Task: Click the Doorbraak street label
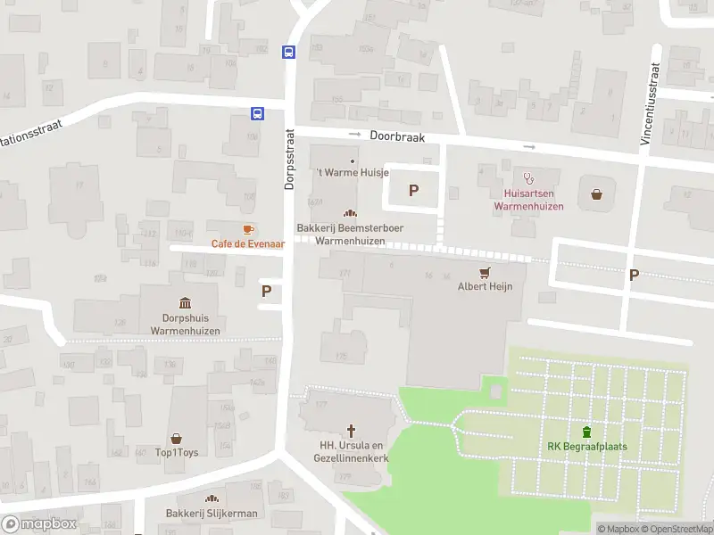coord(397,138)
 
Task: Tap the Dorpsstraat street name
coord(289,158)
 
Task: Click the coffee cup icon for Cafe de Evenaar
coord(248,229)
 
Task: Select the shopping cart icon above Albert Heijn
coord(486,272)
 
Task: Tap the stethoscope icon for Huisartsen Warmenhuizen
coord(528,177)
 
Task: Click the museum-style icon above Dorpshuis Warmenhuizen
coord(185,302)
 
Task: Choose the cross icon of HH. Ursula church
coord(352,431)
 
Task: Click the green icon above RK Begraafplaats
coord(586,432)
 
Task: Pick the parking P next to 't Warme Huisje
coord(412,189)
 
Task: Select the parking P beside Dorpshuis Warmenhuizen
coord(266,291)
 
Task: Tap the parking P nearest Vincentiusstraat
coord(634,276)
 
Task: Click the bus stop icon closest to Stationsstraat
coord(257,113)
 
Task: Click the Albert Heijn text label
coord(485,287)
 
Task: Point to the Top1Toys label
coord(177,452)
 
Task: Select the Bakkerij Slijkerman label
coord(212,514)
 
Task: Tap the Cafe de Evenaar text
coord(247,243)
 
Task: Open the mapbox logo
coord(38,524)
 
